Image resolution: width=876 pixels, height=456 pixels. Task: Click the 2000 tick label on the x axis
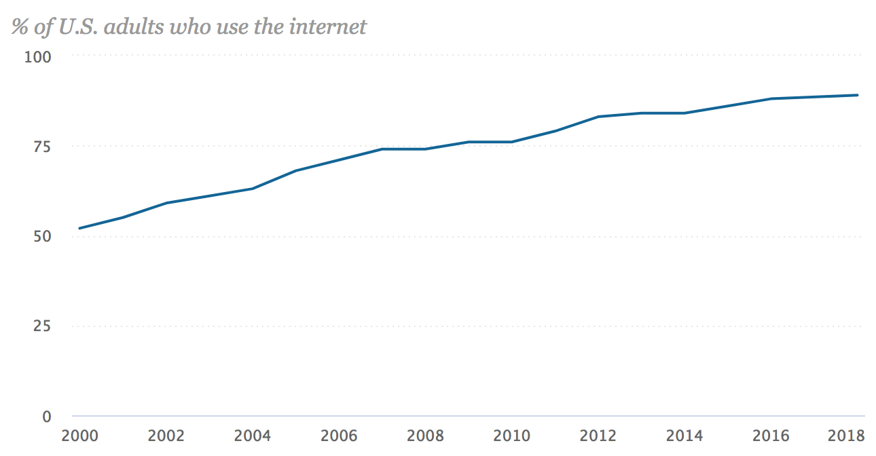[x=79, y=435]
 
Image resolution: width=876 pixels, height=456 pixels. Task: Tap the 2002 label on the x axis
[x=166, y=435]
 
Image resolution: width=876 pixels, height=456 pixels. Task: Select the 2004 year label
[x=252, y=435]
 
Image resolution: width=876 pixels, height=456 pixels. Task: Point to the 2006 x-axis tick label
[x=338, y=435]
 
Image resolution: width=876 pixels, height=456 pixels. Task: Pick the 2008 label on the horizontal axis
[x=424, y=435]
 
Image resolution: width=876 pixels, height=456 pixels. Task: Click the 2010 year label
[x=511, y=435]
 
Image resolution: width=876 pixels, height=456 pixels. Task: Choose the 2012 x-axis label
[x=598, y=435]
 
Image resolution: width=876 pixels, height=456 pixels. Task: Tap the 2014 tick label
[x=685, y=435]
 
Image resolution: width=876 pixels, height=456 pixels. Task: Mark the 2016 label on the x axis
[x=771, y=435]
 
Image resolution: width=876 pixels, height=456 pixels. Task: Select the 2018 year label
[x=846, y=435]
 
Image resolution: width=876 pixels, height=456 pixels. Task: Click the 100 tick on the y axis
[x=38, y=56]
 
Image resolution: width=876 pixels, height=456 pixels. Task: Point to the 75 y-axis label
[x=42, y=147]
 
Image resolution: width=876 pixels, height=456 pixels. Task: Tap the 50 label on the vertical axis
[x=42, y=237]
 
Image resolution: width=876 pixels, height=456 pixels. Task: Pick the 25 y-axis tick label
[x=42, y=326]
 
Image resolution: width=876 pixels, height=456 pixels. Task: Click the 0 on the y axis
[x=47, y=417]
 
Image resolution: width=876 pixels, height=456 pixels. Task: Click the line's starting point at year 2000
[x=79, y=228]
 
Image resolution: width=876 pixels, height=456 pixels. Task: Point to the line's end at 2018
[x=858, y=95]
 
